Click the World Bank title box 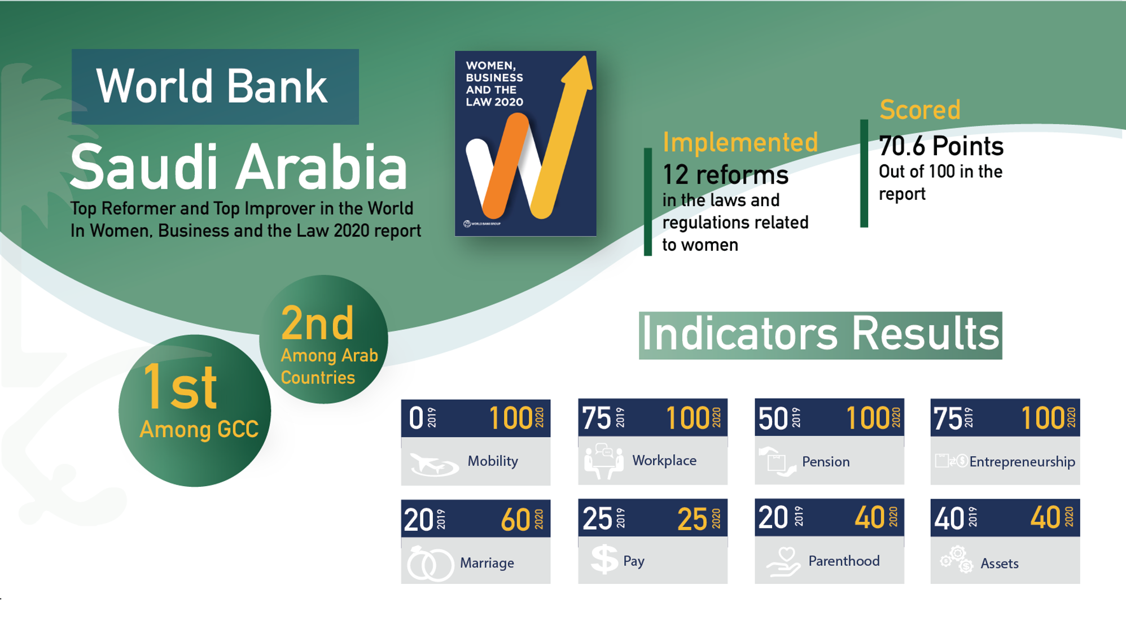[x=215, y=86]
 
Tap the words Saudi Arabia [x=239, y=167]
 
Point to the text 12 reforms [x=725, y=174]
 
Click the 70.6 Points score [x=941, y=146]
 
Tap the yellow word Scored [x=920, y=110]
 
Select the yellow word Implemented [x=740, y=142]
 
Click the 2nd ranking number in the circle [x=317, y=323]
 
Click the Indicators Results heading [x=821, y=335]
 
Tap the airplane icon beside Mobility [x=433, y=464]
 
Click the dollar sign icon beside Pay [x=604, y=560]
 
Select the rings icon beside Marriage [x=430, y=564]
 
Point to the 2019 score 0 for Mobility [x=416, y=418]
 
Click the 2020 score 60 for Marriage [x=515, y=520]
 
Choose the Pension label [x=826, y=461]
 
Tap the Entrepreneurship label [x=1022, y=462]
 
